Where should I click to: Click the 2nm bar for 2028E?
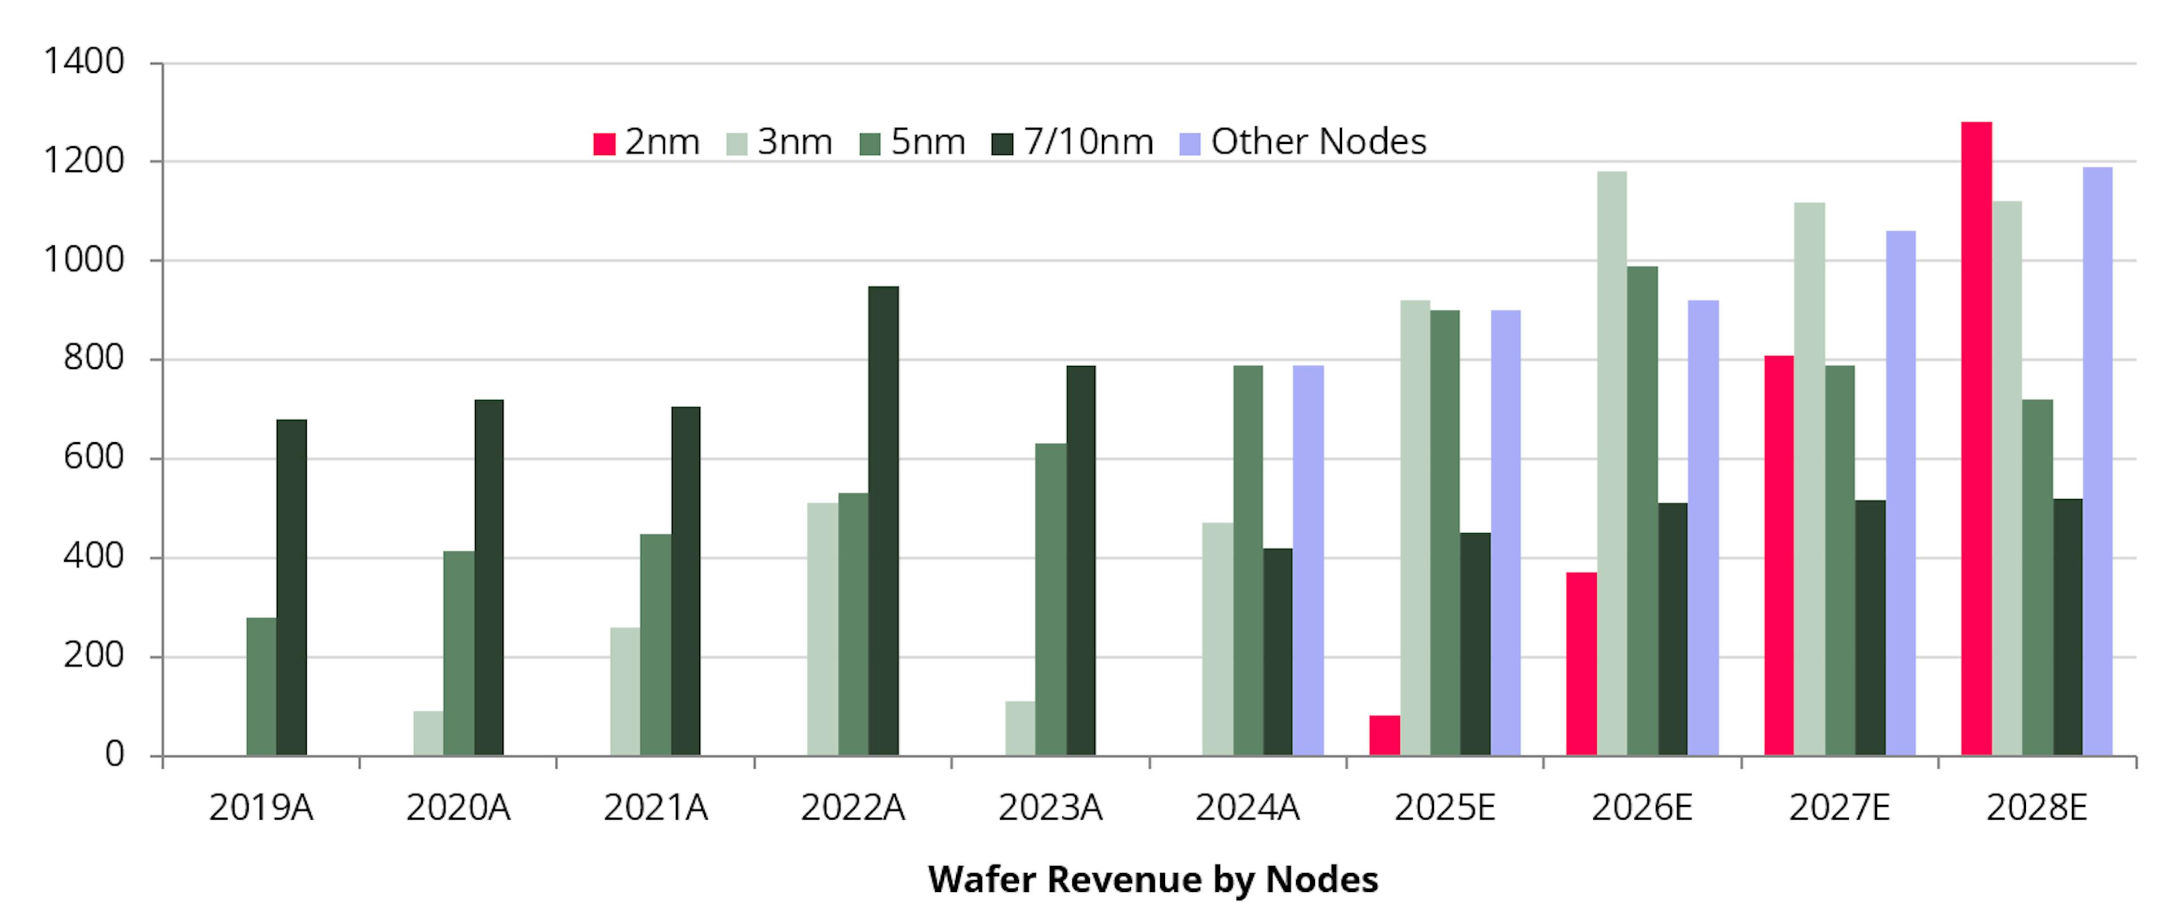click(1976, 438)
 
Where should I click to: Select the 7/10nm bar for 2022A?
click(883, 521)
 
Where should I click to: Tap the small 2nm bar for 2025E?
click(1384, 735)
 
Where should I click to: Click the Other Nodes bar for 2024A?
click(1308, 560)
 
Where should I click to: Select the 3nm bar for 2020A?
click(428, 733)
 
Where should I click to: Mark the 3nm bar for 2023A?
click(1019, 728)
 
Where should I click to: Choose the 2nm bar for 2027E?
click(1778, 555)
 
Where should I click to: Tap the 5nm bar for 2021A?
click(656, 644)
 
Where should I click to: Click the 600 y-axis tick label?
click(93, 457)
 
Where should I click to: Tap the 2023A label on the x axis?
click(1050, 808)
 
